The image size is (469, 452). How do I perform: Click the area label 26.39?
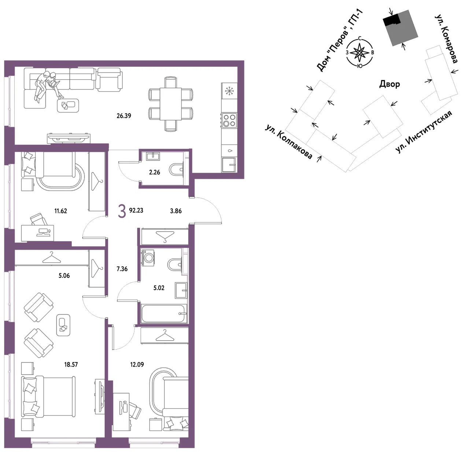click(x=124, y=116)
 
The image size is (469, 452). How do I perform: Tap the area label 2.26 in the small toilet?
click(x=155, y=172)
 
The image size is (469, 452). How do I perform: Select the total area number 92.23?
click(x=136, y=210)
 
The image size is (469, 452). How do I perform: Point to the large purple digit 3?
click(x=122, y=211)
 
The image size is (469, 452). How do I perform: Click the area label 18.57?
click(x=71, y=364)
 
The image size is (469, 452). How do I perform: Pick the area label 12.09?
click(x=137, y=364)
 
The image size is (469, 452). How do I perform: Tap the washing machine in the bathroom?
click(x=148, y=258)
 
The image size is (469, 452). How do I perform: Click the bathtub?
click(x=163, y=313)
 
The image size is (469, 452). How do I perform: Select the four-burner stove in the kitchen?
click(x=229, y=120)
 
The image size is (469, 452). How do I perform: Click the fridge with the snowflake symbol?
click(x=229, y=91)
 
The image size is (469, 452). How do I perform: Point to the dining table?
click(x=171, y=104)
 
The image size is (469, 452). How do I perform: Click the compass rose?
click(x=359, y=52)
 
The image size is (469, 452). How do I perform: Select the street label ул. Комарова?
click(x=446, y=38)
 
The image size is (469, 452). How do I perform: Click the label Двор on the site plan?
click(x=389, y=84)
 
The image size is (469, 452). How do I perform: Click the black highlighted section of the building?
click(x=391, y=20)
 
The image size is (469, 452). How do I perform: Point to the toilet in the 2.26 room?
click(x=176, y=170)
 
